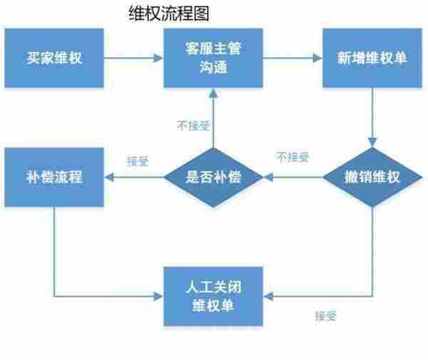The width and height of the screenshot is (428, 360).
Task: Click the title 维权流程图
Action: tap(168, 14)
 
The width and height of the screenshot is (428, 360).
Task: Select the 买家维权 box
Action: tap(55, 58)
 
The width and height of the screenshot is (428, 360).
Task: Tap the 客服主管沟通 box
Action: tap(213, 58)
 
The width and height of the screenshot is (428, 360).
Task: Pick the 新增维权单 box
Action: tap(372, 58)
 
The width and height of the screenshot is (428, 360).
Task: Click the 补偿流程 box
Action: tap(55, 177)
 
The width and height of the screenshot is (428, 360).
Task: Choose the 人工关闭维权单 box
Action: tap(213, 296)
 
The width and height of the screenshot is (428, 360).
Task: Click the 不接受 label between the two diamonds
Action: tap(293, 157)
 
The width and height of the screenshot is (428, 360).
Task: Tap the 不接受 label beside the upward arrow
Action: tap(193, 125)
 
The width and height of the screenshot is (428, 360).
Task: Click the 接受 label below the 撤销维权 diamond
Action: tap(325, 314)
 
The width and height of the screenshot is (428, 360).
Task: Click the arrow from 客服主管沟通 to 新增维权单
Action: tap(292, 58)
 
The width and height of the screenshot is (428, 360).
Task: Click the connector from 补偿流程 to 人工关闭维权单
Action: tap(56, 257)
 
